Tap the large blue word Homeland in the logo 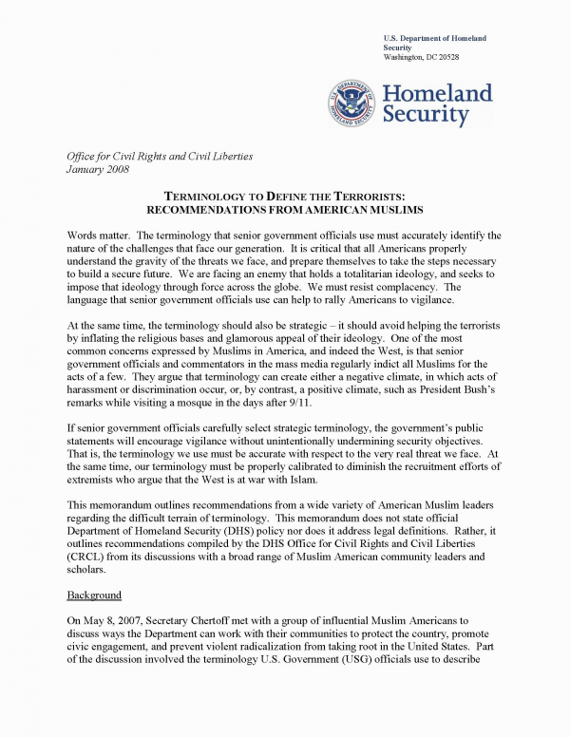[437, 93]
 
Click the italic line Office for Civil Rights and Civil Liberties [160, 156]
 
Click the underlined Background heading [93, 595]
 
